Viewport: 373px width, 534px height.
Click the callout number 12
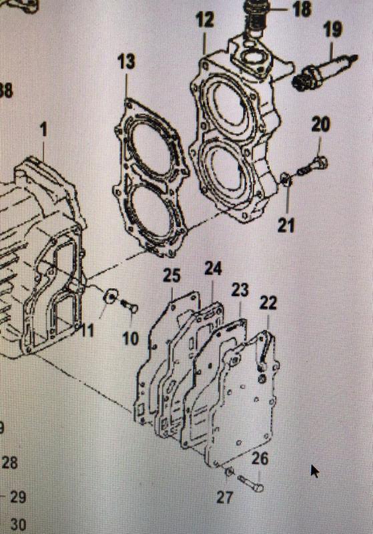click(x=205, y=20)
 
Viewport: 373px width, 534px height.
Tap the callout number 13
click(x=126, y=62)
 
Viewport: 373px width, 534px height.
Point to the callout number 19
click(x=333, y=29)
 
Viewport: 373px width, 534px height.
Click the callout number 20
click(x=321, y=124)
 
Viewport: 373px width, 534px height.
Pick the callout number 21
click(x=286, y=225)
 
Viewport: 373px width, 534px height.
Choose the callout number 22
click(x=268, y=304)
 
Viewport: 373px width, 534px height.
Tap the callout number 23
click(x=240, y=290)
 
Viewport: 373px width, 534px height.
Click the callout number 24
click(x=213, y=268)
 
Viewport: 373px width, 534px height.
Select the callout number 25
click(x=172, y=275)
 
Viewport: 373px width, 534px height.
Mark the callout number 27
click(x=225, y=497)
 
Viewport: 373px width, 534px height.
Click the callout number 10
click(x=131, y=338)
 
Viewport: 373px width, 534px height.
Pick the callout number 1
click(x=44, y=129)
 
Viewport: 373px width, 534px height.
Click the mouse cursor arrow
click(x=314, y=471)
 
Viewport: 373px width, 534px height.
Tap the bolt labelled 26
click(x=248, y=481)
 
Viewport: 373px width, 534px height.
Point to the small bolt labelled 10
click(x=129, y=306)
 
